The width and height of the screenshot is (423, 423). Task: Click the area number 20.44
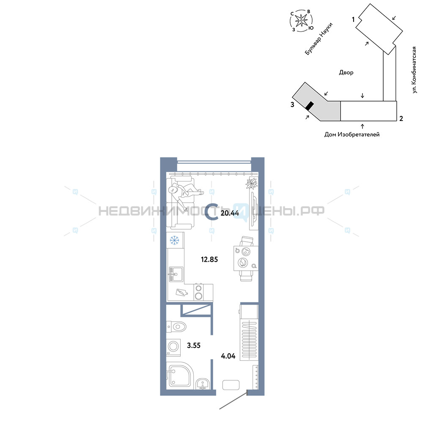coord(230,213)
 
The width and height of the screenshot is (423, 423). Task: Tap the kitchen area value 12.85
coord(209,260)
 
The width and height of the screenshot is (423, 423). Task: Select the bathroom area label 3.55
coord(194,345)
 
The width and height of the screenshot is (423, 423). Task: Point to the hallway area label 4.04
coord(228,356)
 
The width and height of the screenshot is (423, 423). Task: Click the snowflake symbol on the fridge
coord(175,240)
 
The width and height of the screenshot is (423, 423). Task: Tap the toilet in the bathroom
coord(176,327)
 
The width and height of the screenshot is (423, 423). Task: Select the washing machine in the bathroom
coord(173,347)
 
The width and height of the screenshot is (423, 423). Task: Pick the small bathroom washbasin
coord(203,384)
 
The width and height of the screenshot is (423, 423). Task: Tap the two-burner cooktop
coord(198,292)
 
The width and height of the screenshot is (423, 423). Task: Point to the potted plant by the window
coord(252,183)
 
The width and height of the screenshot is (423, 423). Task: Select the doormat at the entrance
coord(231,385)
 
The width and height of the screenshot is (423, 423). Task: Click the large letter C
coord(211,213)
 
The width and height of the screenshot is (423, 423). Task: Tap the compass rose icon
coord(301,20)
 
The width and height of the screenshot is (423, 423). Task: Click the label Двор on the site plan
coord(346,72)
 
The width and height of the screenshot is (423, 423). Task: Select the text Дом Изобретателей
coord(352,135)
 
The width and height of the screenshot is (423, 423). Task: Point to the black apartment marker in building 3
coord(310,106)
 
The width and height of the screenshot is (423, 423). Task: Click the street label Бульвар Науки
coord(319,39)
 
